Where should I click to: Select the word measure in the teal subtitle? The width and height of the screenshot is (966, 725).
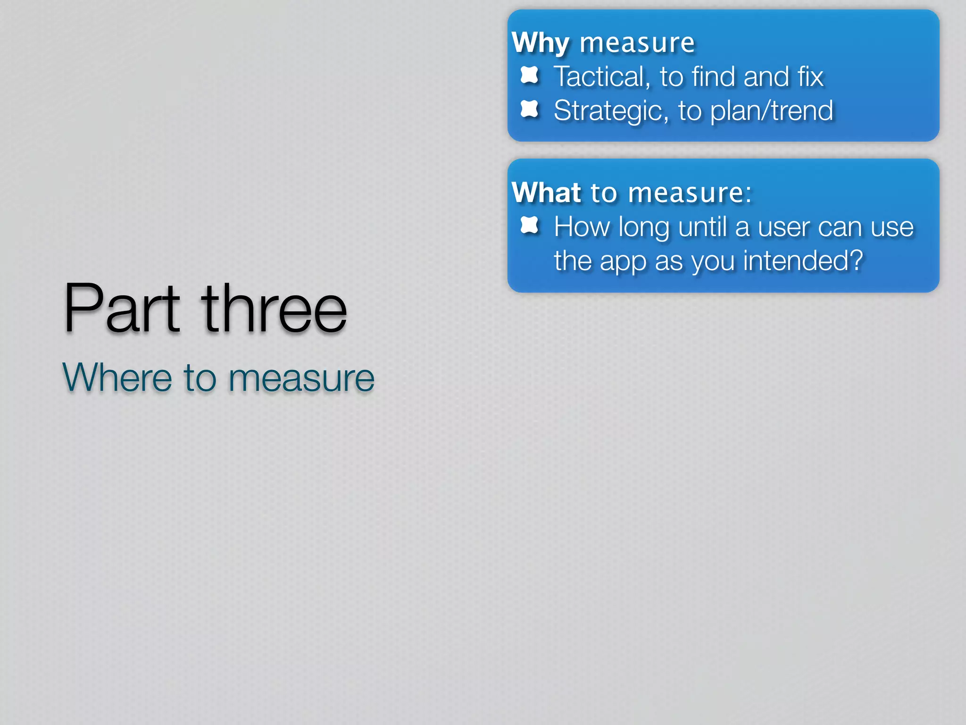(x=301, y=379)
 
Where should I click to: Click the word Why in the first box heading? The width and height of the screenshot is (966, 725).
(x=541, y=44)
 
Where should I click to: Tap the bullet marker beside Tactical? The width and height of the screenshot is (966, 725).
(x=529, y=75)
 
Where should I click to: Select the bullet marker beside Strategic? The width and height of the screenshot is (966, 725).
(x=529, y=109)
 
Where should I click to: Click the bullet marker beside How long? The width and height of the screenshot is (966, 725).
(x=529, y=225)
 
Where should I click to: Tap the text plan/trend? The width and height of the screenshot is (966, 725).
(x=772, y=111)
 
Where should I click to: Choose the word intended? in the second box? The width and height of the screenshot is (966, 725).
(x=803, y=261)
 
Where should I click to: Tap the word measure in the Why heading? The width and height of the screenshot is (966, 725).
(x=637, y=44)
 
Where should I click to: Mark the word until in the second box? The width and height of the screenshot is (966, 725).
(x=702, y=227)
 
